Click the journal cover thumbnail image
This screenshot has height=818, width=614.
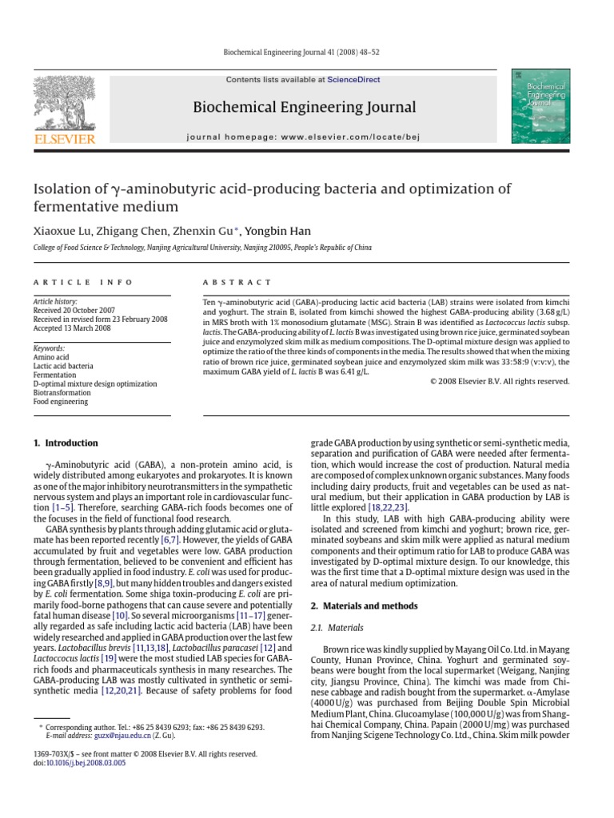coord(540,106)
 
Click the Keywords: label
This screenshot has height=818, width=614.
coord(49,348)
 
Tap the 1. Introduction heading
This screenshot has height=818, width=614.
coord(66,443)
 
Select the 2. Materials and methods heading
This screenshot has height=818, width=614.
coord(363,606)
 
